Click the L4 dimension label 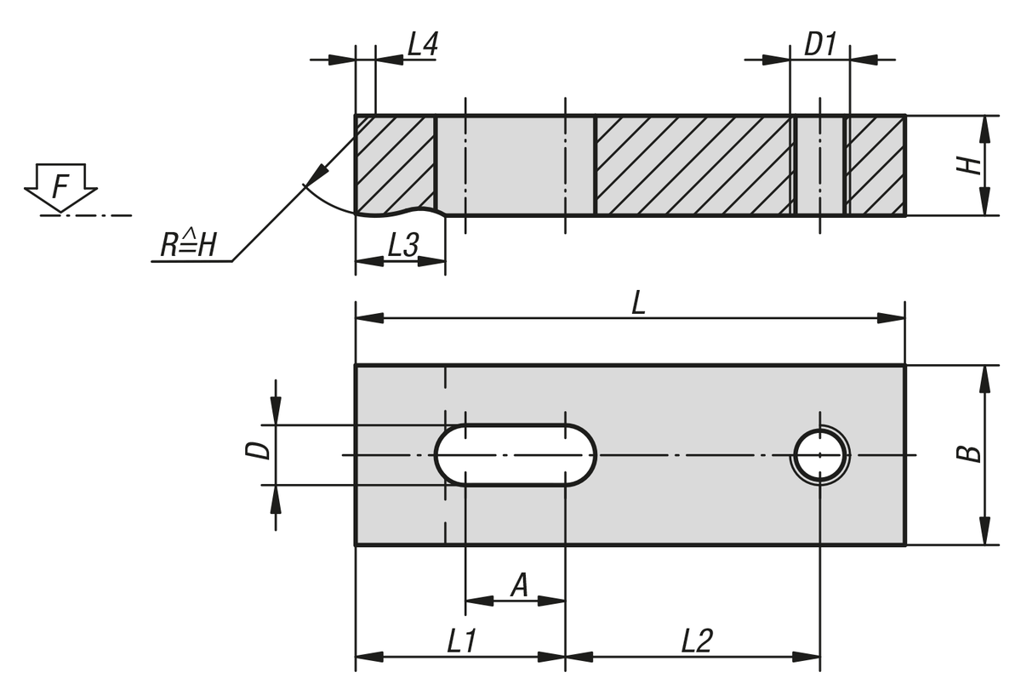pos(422,45)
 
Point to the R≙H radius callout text pos(189,247)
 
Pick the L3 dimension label pos(402,246)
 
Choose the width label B pos(968,454)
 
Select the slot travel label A pos(518,585)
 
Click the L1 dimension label pos(461,641)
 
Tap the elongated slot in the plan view pos(516,455)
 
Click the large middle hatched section pos(693,166)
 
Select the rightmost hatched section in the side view pos(876,166)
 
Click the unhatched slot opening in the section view pos(515,166)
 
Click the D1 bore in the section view pos(820,166)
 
